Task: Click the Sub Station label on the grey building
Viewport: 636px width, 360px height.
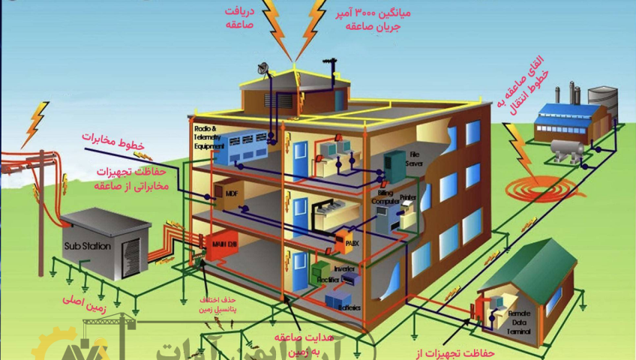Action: (x=87, y=245)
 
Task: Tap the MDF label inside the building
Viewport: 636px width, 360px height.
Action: (x=230, y=193)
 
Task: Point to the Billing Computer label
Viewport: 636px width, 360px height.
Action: (x=386, y=196)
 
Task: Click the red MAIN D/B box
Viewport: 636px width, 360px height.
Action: (x=222, y=247)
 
